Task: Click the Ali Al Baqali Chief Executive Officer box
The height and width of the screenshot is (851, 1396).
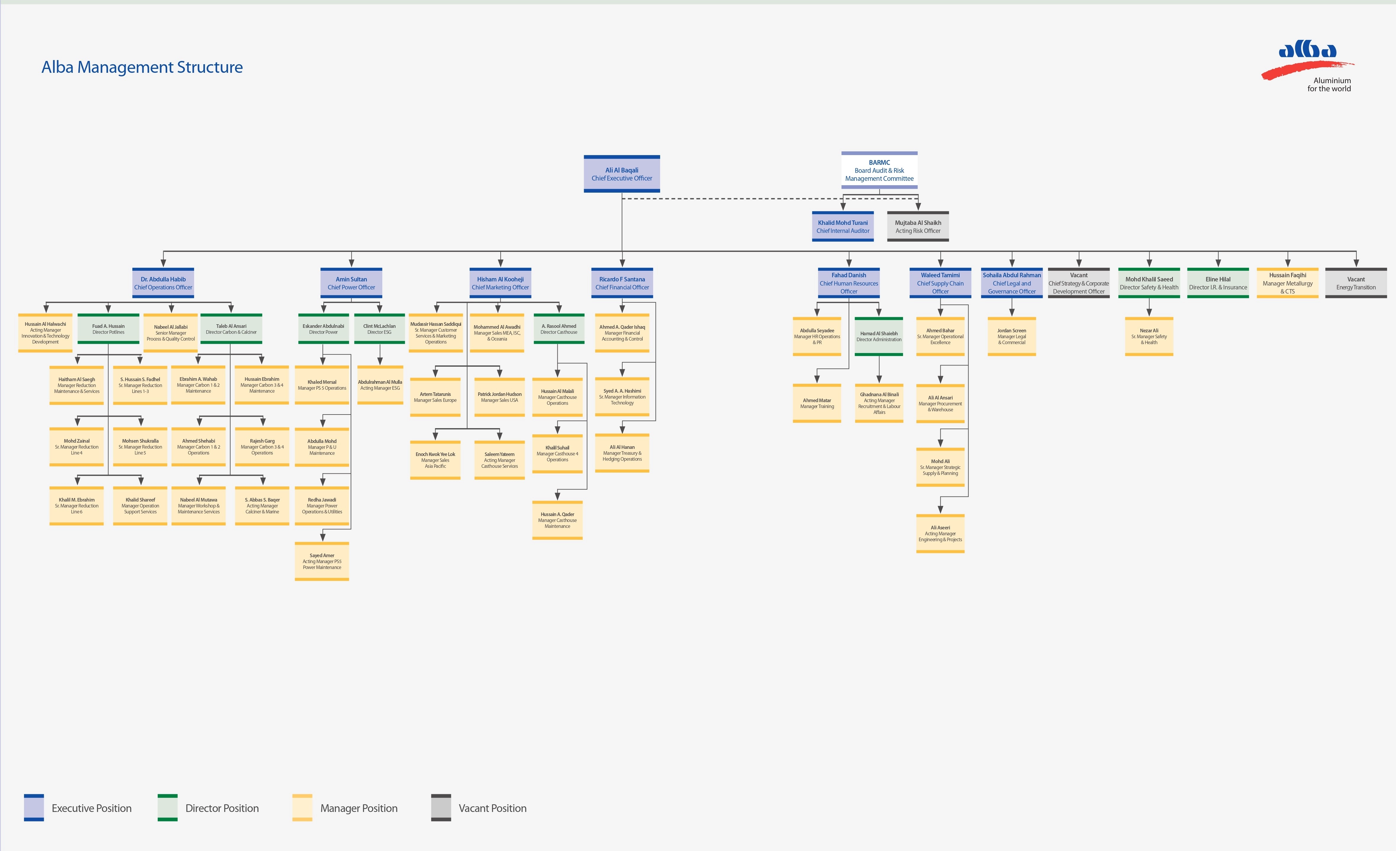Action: pyautogui.click(x=622, y=174)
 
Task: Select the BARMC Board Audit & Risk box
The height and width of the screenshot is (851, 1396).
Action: pyautogui.click(x=879, y=170)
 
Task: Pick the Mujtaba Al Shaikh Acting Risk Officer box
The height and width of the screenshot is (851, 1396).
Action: pyautogui.click(x=918, y=227)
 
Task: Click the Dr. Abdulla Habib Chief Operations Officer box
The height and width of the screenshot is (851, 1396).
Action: pyautogui.click(x=163, y=283)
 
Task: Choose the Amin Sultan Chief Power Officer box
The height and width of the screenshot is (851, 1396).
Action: pyautogui.click(x=351, y=283)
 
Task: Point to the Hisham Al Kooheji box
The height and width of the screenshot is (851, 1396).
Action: pyautogui.click(x=500, y=283)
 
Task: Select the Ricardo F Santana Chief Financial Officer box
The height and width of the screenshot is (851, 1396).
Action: pyautogui.click(x=622, y=283)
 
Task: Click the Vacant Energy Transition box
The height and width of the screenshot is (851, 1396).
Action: pyautogui.click(x=1356, y=283)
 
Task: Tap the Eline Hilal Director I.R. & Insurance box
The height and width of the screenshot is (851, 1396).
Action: pyautogui.click(x=1218, y=283)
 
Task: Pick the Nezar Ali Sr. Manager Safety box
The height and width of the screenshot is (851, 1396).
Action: pyautogui.click(x=1149, y=336)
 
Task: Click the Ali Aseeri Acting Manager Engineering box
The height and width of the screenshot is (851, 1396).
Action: pyautogui.click(x=941, y=533)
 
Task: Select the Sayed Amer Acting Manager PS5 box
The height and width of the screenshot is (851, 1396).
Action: pyautogui.click(x=322, y=562)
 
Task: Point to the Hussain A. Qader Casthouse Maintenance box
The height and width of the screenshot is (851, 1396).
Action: pyautogui.click(x=557, y=520)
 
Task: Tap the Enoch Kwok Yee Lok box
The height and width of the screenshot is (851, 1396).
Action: pyautogui.click(x=435, y=460)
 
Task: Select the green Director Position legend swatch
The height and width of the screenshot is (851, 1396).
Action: pyautogui.click(x=168, y=808)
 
